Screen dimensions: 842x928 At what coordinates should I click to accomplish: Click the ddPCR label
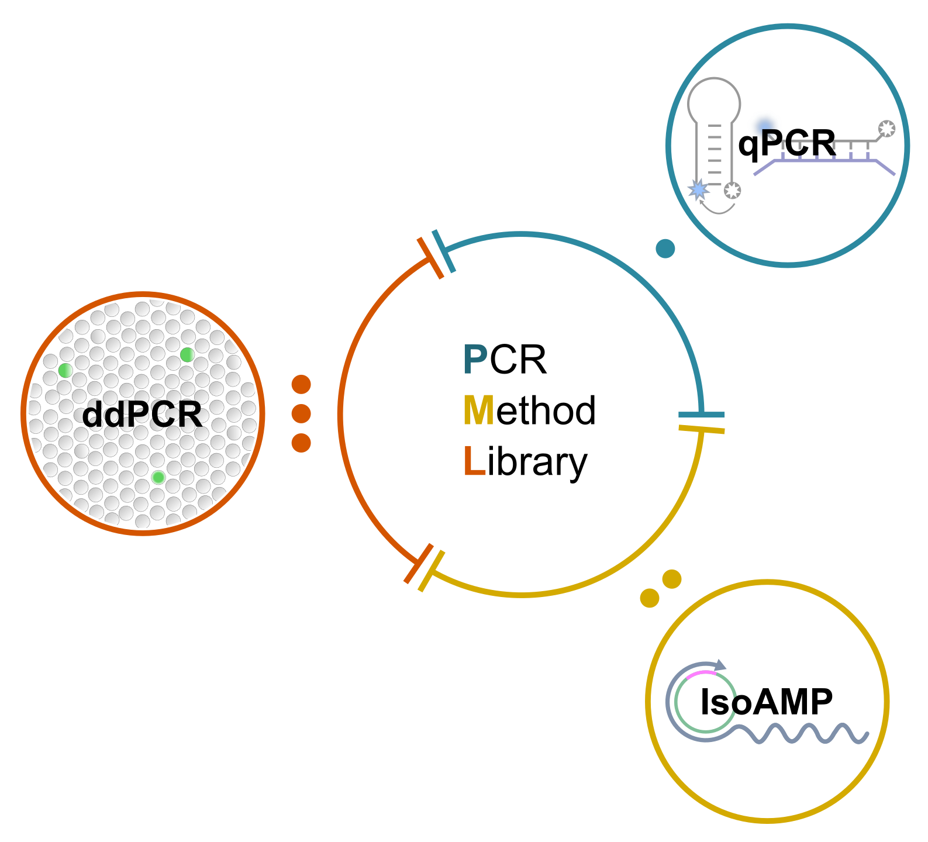[142, 415]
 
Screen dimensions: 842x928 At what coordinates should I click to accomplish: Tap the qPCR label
[786, 143]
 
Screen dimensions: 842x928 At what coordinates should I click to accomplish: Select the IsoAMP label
[766, 702]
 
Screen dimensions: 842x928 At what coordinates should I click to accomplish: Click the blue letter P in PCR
[475, 360]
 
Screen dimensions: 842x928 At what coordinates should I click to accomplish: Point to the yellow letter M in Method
[479, 410]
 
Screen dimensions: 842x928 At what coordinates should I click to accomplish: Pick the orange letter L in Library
[474, 462]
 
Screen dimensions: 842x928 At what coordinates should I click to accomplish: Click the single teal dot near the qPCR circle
[665, 249]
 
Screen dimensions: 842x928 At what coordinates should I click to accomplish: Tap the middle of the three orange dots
[301, 413]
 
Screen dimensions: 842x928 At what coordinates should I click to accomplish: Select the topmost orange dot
[301, 385]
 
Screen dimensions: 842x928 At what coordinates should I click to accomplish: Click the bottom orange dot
[301, 443]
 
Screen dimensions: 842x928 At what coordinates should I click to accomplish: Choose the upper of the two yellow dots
[672, 579]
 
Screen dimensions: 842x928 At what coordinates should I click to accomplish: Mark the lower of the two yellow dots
[650, 598]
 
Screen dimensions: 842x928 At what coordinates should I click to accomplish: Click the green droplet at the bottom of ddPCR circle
[158, 478]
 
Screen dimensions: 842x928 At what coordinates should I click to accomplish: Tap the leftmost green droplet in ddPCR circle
[65, 370]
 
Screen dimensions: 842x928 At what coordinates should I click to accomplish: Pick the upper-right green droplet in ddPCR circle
[187, 354]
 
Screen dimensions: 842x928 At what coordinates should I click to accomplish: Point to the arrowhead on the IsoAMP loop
[720, 665]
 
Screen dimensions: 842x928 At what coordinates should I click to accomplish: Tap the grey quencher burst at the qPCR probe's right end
[886, 129]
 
